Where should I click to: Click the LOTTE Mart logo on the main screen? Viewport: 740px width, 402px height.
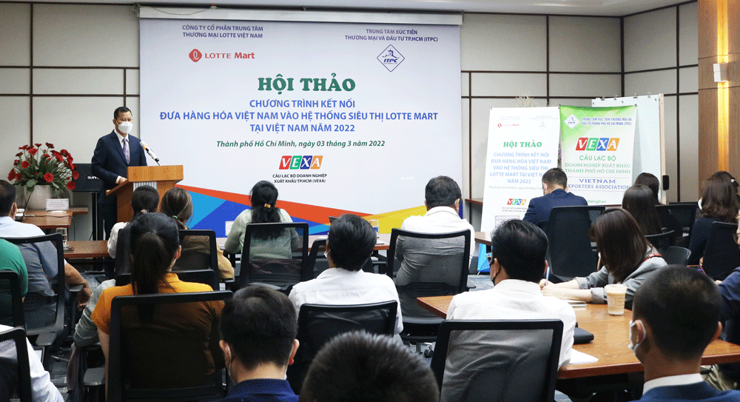(x=221, y=55)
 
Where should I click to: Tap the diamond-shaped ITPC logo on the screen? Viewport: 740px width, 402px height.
(x=390, y=58)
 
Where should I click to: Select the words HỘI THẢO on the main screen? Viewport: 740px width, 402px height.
(x=306, y=84)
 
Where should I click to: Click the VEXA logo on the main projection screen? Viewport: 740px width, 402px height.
(x=300, y=162)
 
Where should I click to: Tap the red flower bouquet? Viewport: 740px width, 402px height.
(x=44, y=167)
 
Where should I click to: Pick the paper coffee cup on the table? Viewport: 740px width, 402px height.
(x=615, y=298)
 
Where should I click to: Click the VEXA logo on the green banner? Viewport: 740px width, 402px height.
(x=596, y=144)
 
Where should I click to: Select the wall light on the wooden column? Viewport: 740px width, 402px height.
(x=719, y=72)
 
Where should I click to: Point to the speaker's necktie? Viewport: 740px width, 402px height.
(x=126, y=150)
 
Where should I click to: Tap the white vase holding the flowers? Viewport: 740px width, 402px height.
(x=38, y=195)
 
